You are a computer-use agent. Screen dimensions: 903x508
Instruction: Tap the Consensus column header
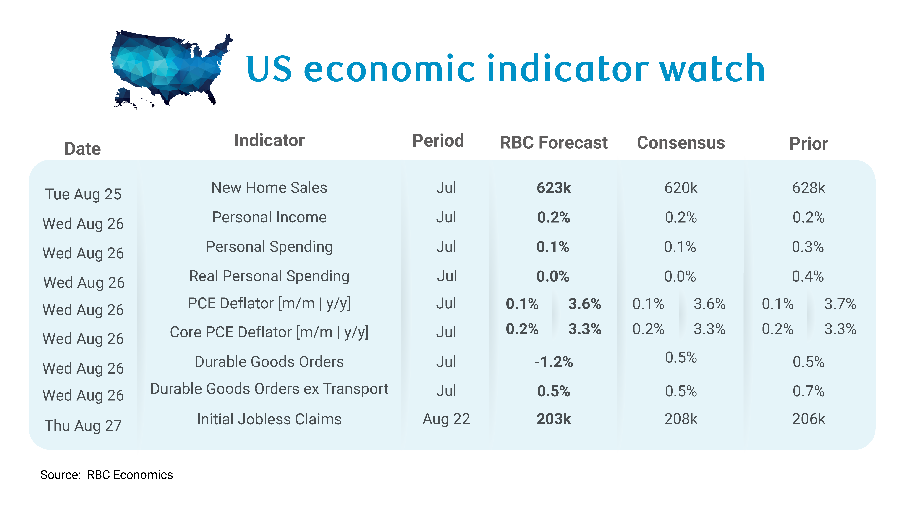(x=681, y=143)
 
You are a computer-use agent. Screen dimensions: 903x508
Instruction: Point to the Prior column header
(x=809, y=143)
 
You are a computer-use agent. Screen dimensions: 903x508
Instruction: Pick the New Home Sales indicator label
(x=269, y=188)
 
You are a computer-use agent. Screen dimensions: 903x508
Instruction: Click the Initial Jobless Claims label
(x=269, y=419)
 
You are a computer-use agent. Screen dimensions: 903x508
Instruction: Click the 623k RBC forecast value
(x=554, y=188)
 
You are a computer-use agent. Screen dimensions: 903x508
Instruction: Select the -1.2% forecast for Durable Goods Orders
(x=554, y=362)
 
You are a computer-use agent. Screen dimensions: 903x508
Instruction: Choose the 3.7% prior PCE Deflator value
(x=840, y=304)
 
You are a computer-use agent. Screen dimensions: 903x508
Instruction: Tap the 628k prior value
(x=809, y=188)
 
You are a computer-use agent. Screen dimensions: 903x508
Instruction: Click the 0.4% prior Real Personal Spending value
(x=808, y=276)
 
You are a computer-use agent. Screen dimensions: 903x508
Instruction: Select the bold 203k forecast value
(x=554, y=419)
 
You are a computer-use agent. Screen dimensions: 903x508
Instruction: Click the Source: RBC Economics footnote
(x=107, y=475)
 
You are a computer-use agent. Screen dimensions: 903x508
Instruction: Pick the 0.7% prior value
(x=809, y=391)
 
